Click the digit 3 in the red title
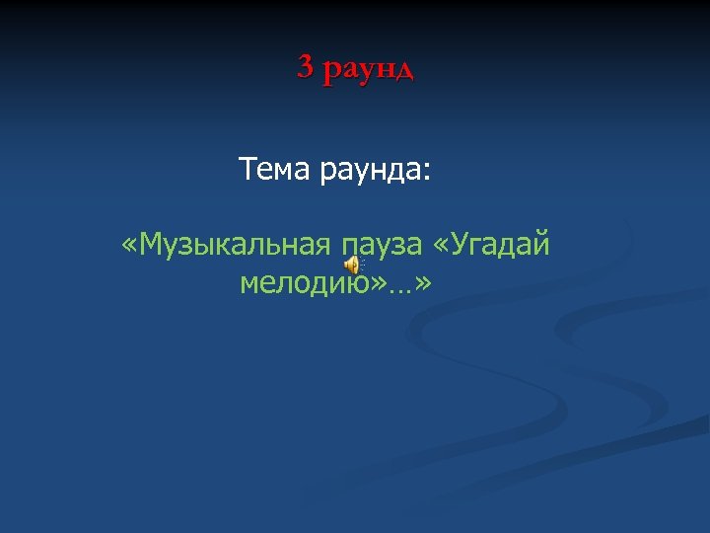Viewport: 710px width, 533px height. (305, 67)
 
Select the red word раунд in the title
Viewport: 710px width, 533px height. (369, 69)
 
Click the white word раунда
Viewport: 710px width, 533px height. (369, 172)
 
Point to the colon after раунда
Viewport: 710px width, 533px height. (426, 174)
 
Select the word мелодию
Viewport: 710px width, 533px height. (305, 284)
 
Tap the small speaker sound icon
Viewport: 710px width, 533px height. (352, 264)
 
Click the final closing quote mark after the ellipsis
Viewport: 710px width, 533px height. (424, 285)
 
